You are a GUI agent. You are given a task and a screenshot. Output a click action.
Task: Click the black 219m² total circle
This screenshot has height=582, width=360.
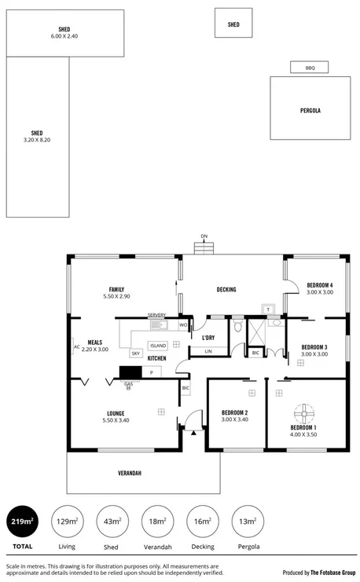(x=22, y=522)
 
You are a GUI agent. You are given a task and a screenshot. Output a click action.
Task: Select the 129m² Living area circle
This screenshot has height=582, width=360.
(x=67, y=522)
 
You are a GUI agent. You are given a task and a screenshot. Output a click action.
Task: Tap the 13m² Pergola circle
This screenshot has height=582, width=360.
(x=248, y=522)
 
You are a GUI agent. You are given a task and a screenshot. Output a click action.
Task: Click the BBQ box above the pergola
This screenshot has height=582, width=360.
(x=310, y=68)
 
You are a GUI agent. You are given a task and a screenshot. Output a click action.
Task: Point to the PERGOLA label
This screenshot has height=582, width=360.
(x=310, y=111)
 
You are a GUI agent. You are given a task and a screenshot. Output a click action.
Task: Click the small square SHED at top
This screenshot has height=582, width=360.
(x=233, y=24)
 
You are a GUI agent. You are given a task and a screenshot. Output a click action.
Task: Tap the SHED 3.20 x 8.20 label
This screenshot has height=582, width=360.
(x=36, y=137)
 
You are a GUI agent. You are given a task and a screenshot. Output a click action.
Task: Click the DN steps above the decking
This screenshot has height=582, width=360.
(x=204, y=247)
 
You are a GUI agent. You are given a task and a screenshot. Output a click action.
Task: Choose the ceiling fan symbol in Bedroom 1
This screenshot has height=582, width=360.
(x=303, y=412)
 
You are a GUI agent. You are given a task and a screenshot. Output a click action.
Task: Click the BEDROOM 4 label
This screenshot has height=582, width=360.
(x=319, y=287)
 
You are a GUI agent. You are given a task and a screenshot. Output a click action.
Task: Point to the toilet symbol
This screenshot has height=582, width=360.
(x=237, y=327)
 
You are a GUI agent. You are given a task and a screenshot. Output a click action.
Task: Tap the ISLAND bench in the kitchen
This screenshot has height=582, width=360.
(x=157, y=344)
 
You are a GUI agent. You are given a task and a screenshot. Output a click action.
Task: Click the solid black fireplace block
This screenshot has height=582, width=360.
(x=129, y=372)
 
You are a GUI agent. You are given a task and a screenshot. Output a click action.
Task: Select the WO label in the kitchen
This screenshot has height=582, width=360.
(x=182, y=324)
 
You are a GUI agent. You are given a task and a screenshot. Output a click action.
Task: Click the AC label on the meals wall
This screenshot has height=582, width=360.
(x=77, y=346)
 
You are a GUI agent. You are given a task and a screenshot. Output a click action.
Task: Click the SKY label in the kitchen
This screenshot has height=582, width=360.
(x=135, y=354)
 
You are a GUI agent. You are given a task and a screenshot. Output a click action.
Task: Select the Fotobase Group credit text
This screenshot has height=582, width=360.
(x=318, y=573)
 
